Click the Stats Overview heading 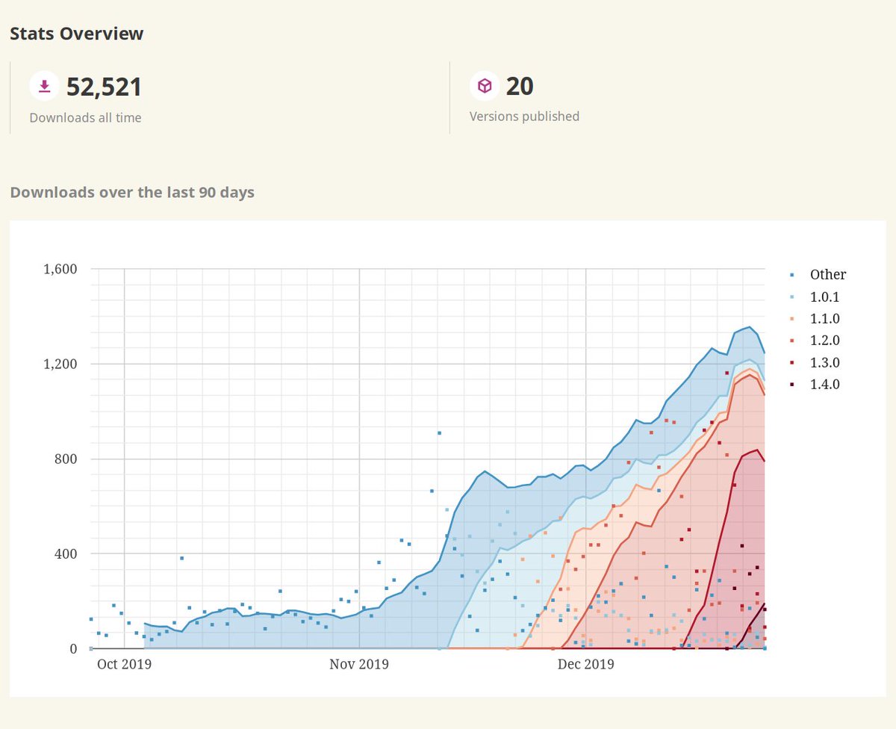tap(77, 34)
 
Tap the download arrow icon tap(44, 87)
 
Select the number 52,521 tap(104, 87)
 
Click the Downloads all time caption tap(85, 117)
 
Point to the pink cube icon tap(485, 87)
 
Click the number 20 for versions tap(520, 87)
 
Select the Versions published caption tap(524, 117)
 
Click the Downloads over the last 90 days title tap(132, 192)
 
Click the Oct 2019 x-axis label tap(124, 664)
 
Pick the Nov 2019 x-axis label tap(359, 664)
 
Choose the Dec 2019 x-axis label tap(585, 664)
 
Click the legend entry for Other tap(828, 275)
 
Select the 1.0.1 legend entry tap(825, 297)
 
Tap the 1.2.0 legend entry tap(825, 341)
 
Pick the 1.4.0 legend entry tap(825, 385)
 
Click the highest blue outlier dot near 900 tap(439, 432)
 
